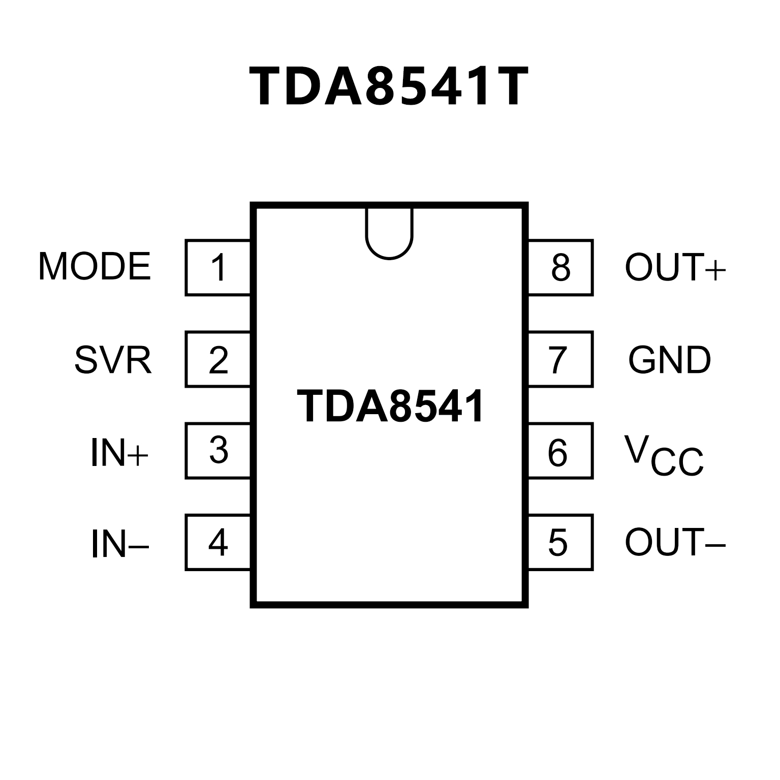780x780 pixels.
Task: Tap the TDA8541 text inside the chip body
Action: [390, 407]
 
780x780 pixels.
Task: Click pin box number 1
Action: [218, 267]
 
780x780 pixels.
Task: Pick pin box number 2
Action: [218, 359]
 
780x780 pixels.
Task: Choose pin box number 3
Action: [218, 451]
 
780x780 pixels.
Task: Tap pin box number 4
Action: [218, 542]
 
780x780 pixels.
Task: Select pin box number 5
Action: [560, 542]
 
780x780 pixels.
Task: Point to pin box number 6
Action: [560, 451]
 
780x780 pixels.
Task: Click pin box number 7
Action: [560, 359]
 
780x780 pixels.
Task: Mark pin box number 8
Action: [560, 267]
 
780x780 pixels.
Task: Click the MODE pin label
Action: [95, 266]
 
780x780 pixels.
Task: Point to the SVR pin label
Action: [113, 360]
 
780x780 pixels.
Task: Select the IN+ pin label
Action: [119, 453]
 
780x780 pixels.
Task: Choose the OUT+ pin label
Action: [675, 267]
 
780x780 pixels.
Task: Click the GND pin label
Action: [670, 360]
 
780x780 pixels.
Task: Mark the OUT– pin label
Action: [675, 542]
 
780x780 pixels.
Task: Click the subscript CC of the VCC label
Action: [677, 462]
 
